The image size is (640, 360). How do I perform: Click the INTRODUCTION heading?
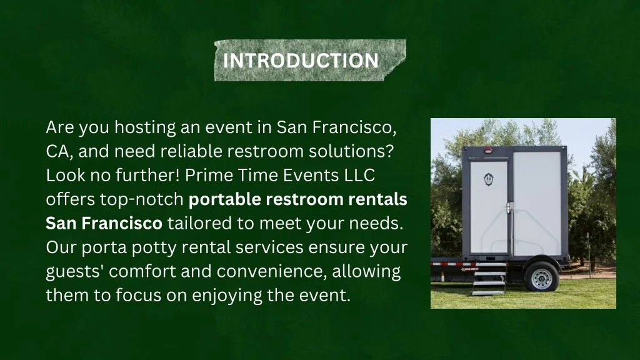(x=301, y=61)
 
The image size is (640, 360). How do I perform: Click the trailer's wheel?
(x=541, y=277)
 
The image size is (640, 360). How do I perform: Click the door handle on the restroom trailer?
(x=509, y=206)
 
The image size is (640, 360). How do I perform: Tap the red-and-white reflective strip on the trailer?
(x=450, y=264)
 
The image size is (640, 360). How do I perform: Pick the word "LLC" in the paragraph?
(x=360, y=175)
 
